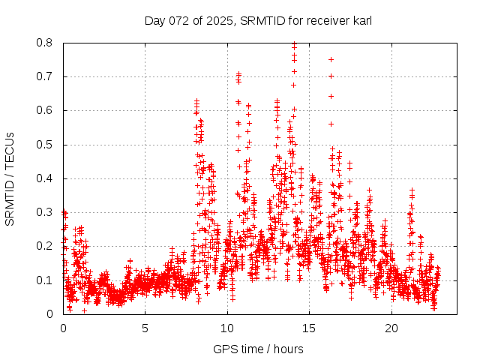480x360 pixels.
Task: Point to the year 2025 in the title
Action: coord(217,20)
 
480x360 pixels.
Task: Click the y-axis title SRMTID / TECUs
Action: coord(10,178)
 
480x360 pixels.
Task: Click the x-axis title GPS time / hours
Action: coord(258,349)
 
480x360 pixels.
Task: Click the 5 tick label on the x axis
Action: coord(145,328)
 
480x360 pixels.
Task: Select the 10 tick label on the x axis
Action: coord(227,328)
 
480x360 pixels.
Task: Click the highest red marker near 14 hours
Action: coord(294,43)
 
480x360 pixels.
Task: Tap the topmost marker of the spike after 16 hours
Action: coord(331,59)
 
